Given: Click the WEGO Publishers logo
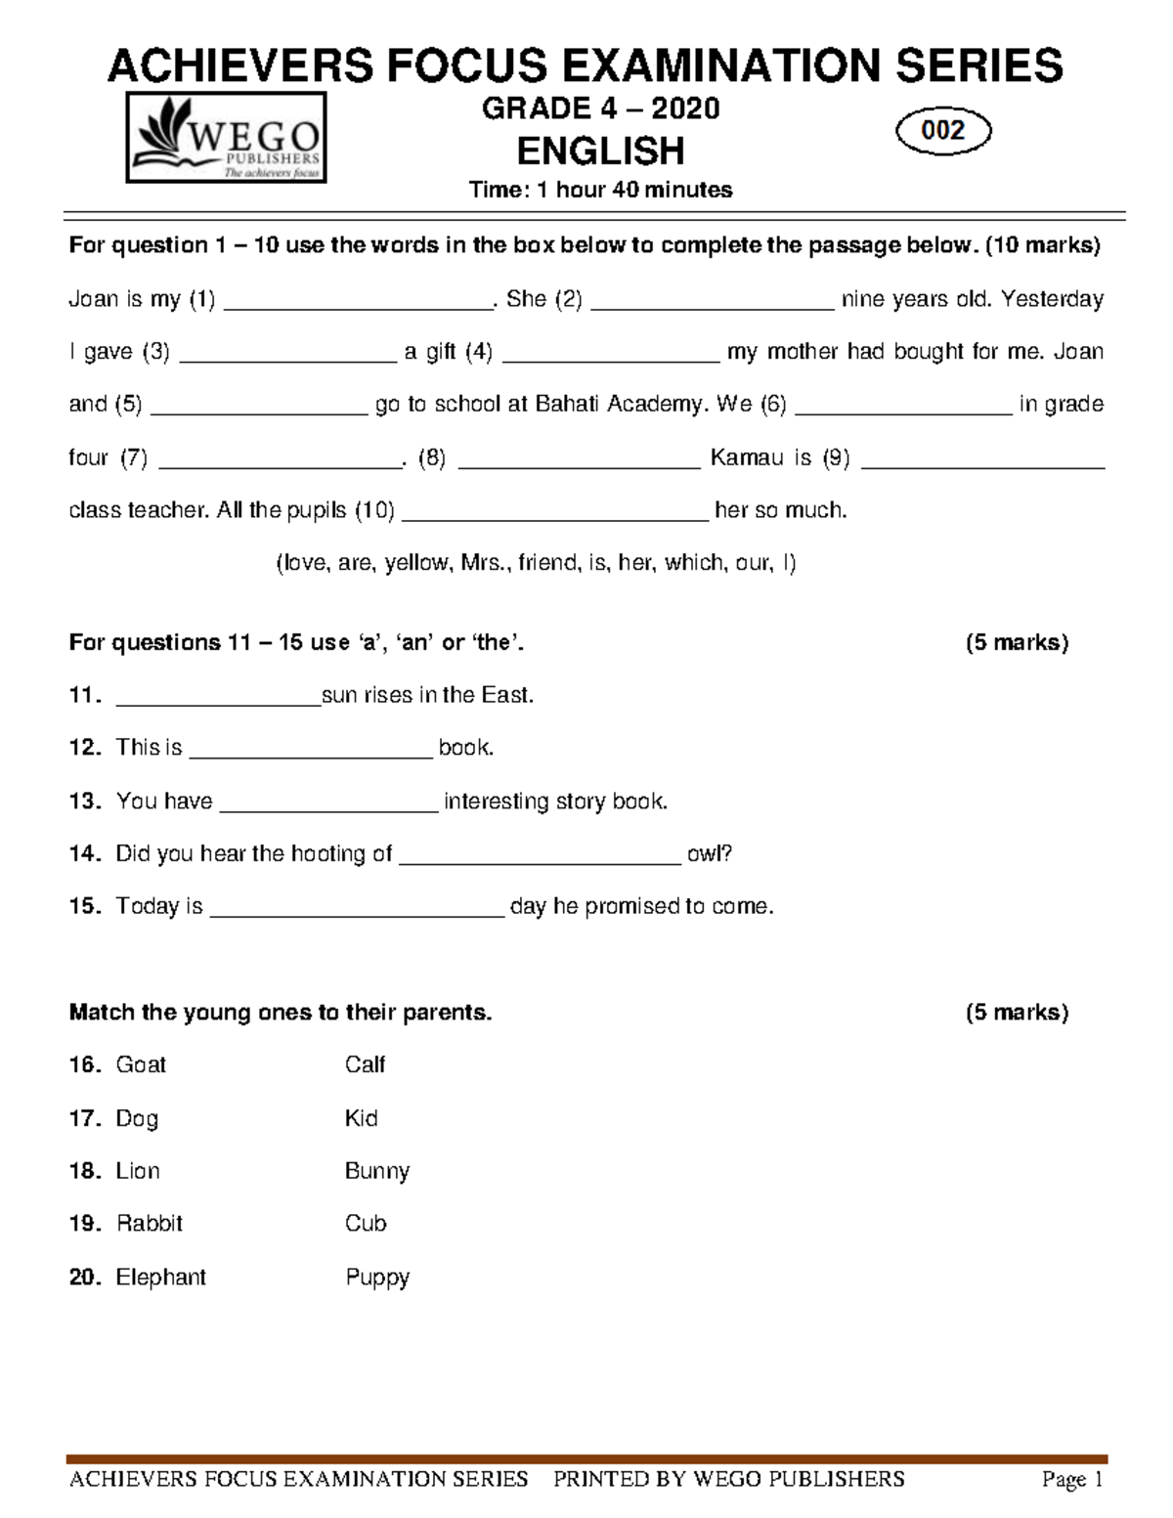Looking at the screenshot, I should point(226,138).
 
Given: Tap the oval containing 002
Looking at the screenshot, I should point(942,131).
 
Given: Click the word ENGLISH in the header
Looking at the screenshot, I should point(600,152).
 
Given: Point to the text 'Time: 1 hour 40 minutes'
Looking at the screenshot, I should point(600,190).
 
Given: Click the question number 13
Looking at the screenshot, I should point(85,802).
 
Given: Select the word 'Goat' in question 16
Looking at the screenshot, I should point(141,1064).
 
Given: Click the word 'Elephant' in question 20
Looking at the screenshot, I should point(160,1277).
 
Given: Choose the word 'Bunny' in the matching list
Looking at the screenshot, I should point(376,1171).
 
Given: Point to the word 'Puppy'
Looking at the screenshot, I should point(376,1278).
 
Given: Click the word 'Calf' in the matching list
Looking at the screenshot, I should point(365,1064).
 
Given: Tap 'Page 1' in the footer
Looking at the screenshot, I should point(1071,1479).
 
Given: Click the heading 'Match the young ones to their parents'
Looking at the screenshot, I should point(280,1013).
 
